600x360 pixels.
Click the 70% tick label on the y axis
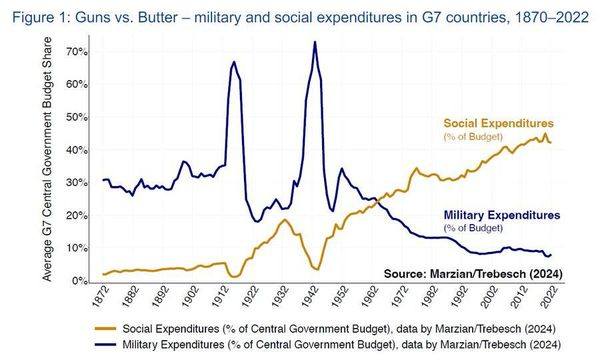click(x=77, y=52)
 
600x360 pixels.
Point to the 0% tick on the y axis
click(x=80, y=281)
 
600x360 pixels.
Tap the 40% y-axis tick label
click(x=77, y=150)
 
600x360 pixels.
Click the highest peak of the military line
click(x=315, y=42)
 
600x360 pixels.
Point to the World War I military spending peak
click(x=234, y=62)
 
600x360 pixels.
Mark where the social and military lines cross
click(x=377, y=199)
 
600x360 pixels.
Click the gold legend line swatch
click(x=105, y=329)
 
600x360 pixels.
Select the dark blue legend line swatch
click(x=105, y=345)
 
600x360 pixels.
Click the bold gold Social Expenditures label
click(x=499, y=124)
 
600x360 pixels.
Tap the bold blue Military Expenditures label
click(x=502, y=215)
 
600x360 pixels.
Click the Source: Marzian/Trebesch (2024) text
click(x=473, y=274)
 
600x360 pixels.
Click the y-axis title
click(x=47, y=159)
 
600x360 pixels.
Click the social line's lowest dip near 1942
click(x=317, y=269)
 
